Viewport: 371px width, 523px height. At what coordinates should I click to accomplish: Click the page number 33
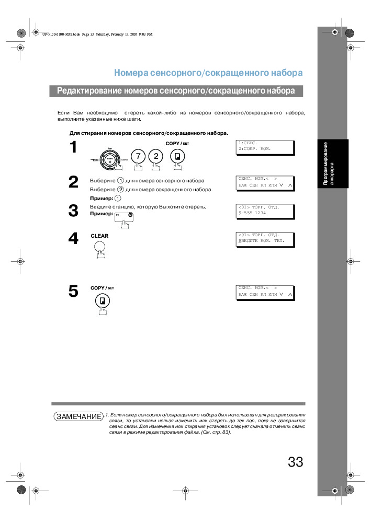pyautogui.click(x=295, y=462)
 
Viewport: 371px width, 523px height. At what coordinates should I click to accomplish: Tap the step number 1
pyautogui.click(x=74, y=148)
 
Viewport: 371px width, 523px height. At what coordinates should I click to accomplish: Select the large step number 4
pyautogui.click(x=74, y=238)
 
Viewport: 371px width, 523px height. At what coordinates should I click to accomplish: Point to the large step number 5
pyautogui.click(x=74, y=291)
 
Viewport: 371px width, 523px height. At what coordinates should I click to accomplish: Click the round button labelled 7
pyautogui.click(x=138, y=156)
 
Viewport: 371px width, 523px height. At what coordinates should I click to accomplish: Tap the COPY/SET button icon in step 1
pyautogui.click(x=177, y=156)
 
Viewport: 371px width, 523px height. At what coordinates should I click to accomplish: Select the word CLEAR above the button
pyautogui.click(x=99, y=236)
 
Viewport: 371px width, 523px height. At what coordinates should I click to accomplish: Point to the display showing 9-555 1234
pyautogui.click(x=265, y=210)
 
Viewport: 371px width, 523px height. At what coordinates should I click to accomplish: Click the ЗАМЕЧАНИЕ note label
pyautogui.click(x=78, y=416)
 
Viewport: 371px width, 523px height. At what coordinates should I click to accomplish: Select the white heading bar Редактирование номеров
pyautogui.click(x=176, y=91)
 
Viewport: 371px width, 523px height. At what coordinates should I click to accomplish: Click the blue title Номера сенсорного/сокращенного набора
pyautogui.click(x=208, y=73)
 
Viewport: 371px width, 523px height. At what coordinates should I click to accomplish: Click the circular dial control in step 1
pyautogui.click(x=110, y=159)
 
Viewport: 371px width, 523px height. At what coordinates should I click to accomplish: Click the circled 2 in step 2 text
pyautogui.click(x=120, y=189)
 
